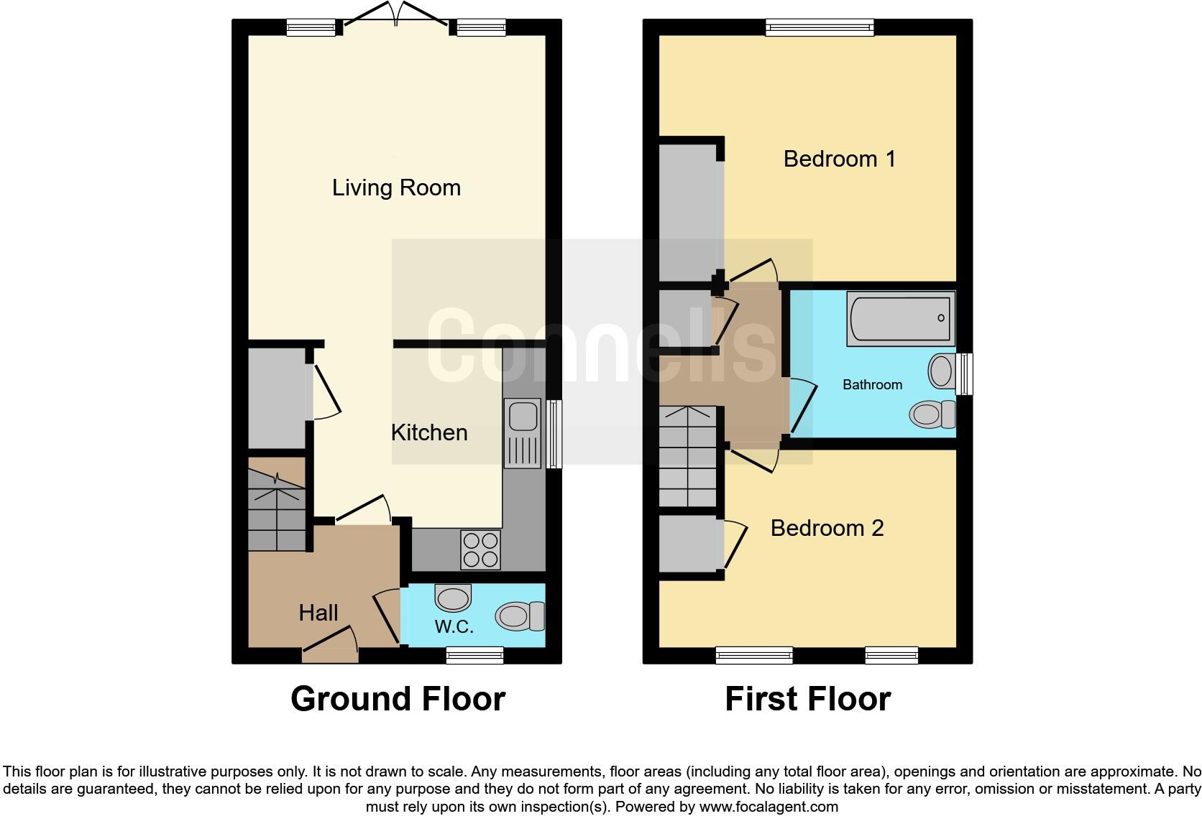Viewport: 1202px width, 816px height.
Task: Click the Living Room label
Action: [x=396, y=187]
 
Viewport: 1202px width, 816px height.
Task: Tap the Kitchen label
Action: [x=429, y=432]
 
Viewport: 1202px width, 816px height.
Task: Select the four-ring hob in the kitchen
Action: [x=481, y=550]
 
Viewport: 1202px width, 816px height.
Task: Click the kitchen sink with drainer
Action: [x=523, y=433]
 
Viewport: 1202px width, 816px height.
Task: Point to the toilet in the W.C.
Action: [x=520, y=616]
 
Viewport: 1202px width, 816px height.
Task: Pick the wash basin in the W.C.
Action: [x=453, y=598]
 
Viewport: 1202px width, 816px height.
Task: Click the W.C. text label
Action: [x=454, y=627]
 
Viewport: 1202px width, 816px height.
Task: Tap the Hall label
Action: [x=318, y=613]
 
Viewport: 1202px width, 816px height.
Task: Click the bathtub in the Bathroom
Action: [x=901, y=319]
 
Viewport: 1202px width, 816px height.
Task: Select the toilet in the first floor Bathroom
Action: [x=932, y=414]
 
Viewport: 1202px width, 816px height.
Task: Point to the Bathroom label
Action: [x=873, y=384]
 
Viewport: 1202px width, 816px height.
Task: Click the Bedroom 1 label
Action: [x=839, y=159]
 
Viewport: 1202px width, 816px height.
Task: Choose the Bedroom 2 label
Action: [x=827, y=528]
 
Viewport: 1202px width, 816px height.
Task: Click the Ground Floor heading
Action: [x=398, y=699]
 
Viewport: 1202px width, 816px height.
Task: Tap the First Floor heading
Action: [x=808, y=699]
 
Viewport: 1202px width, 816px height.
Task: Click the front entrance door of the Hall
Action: [x=330, y=645]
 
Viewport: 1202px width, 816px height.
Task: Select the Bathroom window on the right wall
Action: [x=964, y=374]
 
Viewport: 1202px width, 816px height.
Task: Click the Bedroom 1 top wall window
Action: [x=820, y=27]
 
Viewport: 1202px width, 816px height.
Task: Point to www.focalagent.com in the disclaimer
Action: [x=769, y=807]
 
